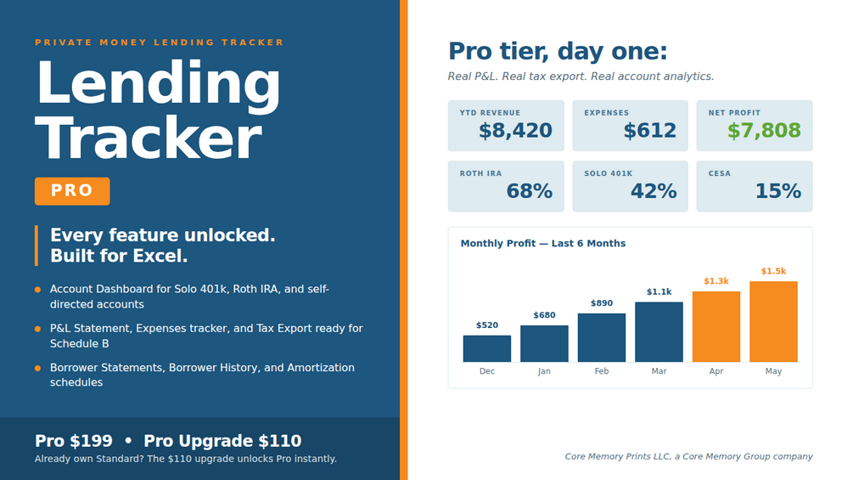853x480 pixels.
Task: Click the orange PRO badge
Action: [72, 191]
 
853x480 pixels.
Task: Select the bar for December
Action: [487, 348]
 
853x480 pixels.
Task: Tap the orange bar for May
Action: [773, 322]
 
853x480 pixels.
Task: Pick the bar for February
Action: [601, 337]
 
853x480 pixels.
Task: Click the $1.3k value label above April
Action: [716, 281]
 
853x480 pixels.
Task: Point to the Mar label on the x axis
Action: [659, 371]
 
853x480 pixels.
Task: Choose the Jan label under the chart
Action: [544, 371]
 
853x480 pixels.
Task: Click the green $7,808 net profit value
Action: [764, 131]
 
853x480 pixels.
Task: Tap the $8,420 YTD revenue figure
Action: [515, 131]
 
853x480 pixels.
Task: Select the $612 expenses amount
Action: [649, 131]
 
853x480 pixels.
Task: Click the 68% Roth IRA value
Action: [529, 191]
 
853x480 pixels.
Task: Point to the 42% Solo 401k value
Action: [654, 191]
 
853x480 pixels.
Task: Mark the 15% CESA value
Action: [778, 191]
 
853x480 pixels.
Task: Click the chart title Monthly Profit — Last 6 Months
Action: [543, 243]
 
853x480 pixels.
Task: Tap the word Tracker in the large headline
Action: [149, 138]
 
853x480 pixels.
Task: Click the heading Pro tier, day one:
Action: [557, 51]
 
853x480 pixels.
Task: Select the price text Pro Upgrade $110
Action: [222, 441]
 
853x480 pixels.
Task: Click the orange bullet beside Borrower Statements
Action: [37, 369]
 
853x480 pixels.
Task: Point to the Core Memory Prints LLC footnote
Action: [688, 456]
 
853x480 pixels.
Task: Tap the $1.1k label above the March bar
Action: [659, 291]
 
